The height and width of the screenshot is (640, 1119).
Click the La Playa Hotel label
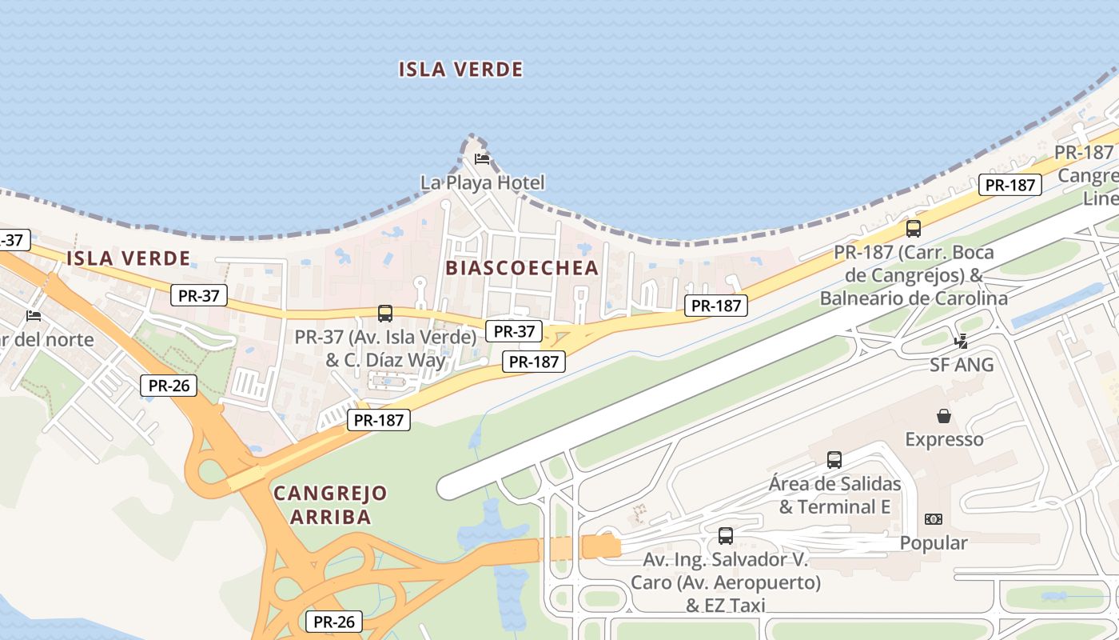[x=482, y=182]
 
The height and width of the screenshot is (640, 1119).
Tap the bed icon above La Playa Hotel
[x=481, y=159]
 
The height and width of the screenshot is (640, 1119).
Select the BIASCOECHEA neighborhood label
[x=522, y=268]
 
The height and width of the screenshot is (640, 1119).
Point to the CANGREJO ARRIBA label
[x=330, y=505]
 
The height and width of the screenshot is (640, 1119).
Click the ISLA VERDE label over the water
[x=460, y=70]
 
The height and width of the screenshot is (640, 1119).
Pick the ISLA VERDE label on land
[x=128, y=258]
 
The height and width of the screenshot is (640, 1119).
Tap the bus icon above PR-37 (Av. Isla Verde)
[x=385, y=313]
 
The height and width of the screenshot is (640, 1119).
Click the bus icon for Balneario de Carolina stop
[x=914, y=228]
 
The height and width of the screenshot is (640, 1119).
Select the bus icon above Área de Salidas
[x=834, y=459]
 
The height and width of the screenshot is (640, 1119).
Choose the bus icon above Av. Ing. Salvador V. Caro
[x=726, y=535]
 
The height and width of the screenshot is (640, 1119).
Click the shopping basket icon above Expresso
[x=944, y=416]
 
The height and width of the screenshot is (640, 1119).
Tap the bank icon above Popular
[x=933, y=519]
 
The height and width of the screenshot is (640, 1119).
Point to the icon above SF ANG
[x=962, y=342]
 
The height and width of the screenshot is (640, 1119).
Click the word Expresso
[x=944, y=439]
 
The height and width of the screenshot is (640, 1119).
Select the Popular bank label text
[x=934, y=543]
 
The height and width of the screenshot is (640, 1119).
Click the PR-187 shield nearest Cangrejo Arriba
[x=378, y=420]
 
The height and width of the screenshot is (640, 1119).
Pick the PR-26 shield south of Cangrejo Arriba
[x=334, y=622]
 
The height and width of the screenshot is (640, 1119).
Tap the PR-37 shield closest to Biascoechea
[x=513, y=331]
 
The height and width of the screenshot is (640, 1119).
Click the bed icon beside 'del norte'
[x=34, y=316]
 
